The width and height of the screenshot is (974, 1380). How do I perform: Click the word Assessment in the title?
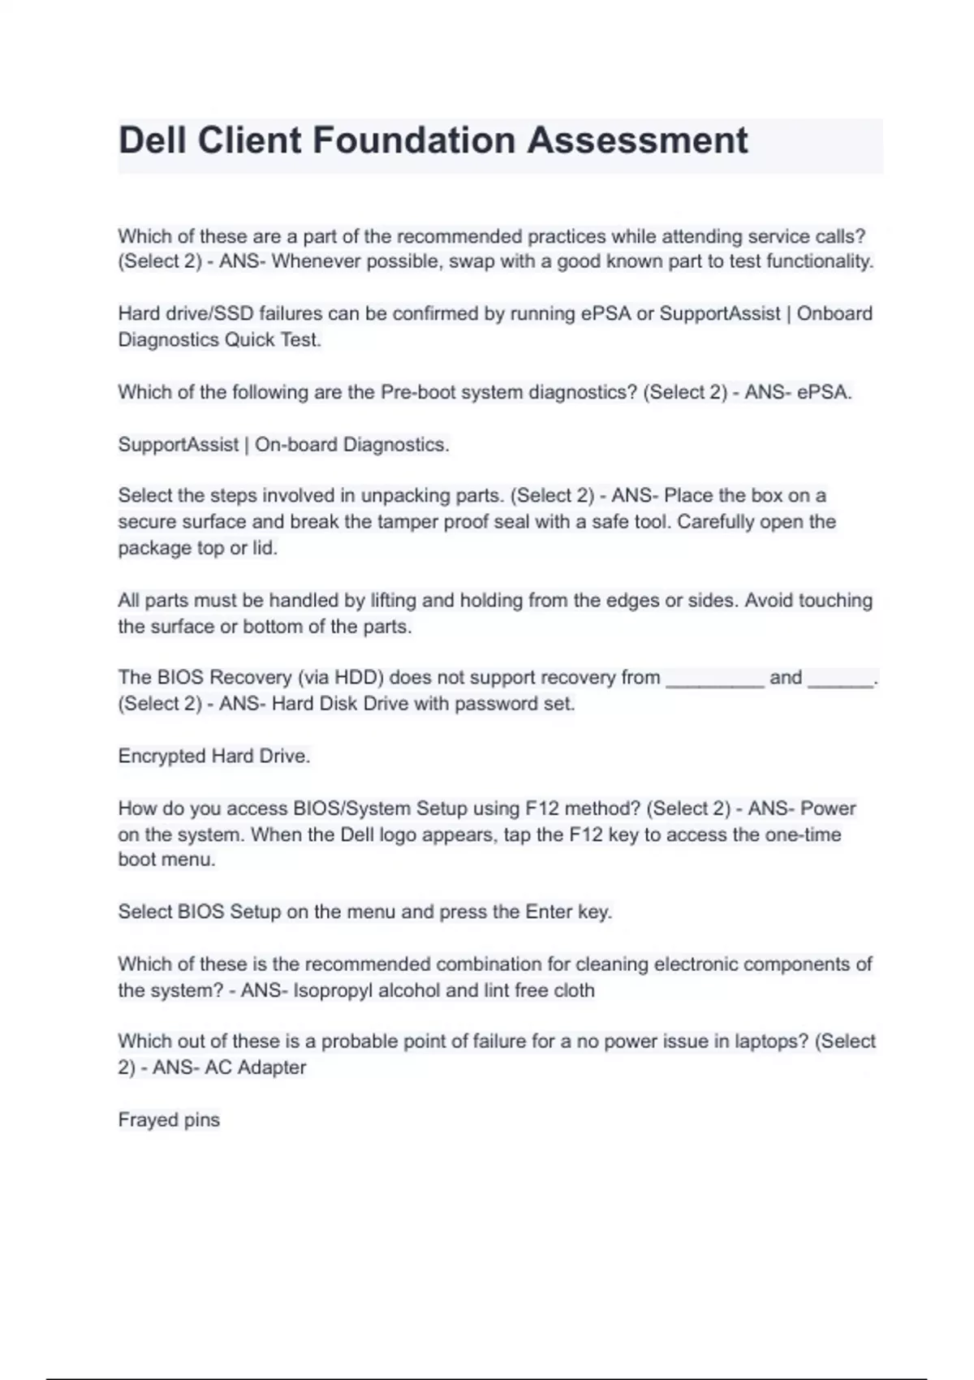point(637,140)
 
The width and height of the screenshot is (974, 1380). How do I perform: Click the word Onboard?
point(834,313)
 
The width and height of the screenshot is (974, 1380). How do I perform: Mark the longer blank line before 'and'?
point(715,682)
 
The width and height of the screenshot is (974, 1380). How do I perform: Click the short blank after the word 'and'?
point(841,682)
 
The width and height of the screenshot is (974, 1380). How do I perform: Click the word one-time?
point(803,834)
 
